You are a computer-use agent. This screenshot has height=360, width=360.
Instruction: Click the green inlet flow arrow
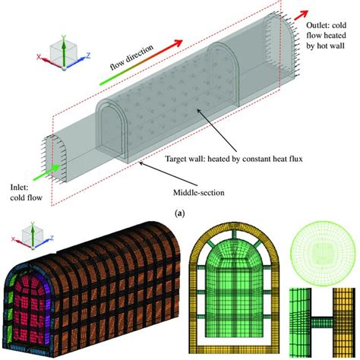point(47,172)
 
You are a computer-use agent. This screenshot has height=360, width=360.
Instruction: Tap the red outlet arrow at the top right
point(301,15)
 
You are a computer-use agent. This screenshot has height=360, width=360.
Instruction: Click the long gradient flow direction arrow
point(141,62)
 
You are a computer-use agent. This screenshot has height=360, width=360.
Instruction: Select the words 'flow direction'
point(131,58)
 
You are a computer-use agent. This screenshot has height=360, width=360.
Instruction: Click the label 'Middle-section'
point(199,193)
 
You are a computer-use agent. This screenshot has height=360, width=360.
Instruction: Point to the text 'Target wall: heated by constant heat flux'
point(234,159)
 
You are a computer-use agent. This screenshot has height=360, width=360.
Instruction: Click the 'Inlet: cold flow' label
point(26,192)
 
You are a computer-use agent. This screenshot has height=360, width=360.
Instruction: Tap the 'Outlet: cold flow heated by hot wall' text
point(326,36)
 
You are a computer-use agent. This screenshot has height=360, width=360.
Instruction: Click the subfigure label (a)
point(180,213)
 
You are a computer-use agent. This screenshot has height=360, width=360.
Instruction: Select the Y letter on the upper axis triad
point(64,38)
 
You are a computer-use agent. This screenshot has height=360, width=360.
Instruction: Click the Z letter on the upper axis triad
point(88,55)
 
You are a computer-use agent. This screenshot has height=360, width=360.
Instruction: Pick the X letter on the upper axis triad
point(39,57)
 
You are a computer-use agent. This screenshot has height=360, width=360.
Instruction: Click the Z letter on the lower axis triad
point(52,238)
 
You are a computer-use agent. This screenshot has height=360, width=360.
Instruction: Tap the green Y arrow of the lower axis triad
point(33,234)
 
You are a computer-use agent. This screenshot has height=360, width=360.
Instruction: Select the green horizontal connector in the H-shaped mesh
point(322,321)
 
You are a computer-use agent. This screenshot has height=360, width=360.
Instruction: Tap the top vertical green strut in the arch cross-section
point(235,234)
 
